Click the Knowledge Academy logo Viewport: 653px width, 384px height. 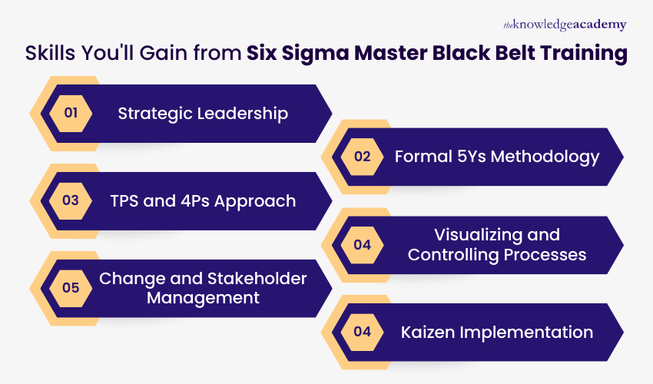pyautogui.click(x=565, y=25)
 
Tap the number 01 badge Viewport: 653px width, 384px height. pyautogui.click(x=71, y=114)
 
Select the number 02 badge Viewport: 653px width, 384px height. pyautogui.click(x=362, y=157)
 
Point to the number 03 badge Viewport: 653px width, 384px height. pyautogui.click(x=71, y=201)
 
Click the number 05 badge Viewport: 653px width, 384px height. pyautogui.click(x=71, y=288)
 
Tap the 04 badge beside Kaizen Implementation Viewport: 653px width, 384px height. pyautogui.click(x=362, y=332)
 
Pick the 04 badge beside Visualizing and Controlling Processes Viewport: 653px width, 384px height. pyautogui.click(x=362, y=244)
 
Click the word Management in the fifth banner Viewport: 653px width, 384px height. pyautogui.click(x=204, y=298)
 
